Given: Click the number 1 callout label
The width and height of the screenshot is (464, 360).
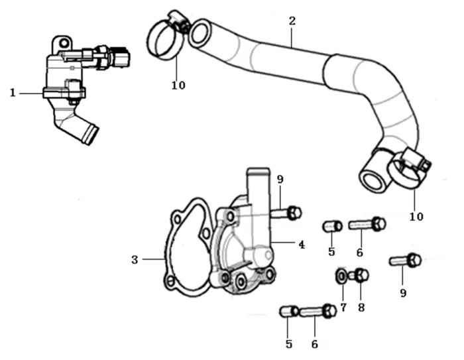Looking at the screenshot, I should pos(13,93).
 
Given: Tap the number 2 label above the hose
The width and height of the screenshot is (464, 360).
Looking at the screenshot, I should pos(292,20).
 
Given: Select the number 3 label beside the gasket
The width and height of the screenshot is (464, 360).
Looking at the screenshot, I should pos(135,260).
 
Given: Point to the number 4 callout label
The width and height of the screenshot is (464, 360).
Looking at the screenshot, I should pos(301,245).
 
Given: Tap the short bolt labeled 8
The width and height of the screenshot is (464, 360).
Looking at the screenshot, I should pos(359,273).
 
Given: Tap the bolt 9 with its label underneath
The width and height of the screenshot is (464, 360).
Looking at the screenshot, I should pos(406,260).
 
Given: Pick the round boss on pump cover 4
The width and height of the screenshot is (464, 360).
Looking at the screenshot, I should pos(257,255).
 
